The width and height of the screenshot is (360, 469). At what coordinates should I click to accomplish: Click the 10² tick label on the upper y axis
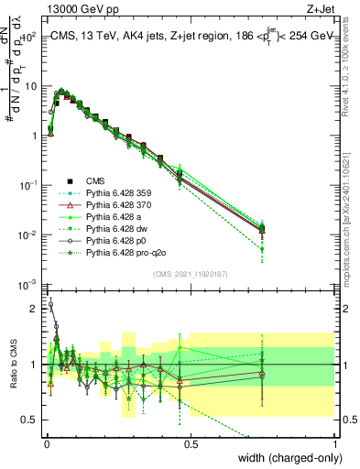tap(27, 37)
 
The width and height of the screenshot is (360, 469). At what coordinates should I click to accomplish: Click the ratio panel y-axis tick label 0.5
tap(30, 420)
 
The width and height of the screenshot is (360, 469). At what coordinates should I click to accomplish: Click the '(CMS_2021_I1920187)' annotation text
tap(191, 274)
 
